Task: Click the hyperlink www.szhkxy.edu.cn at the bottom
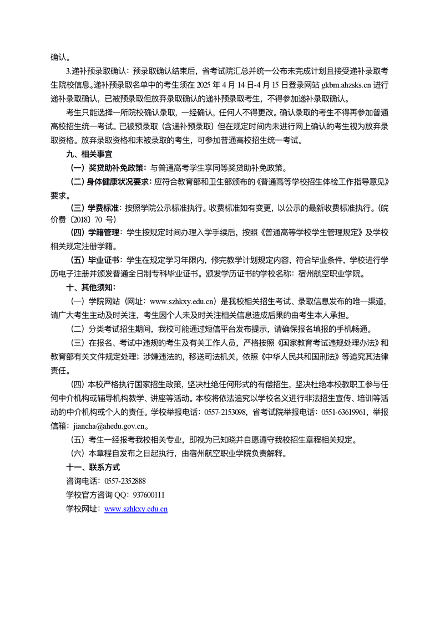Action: [136, 509]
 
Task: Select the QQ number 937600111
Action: [149, 495]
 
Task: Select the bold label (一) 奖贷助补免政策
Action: [107, 168]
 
